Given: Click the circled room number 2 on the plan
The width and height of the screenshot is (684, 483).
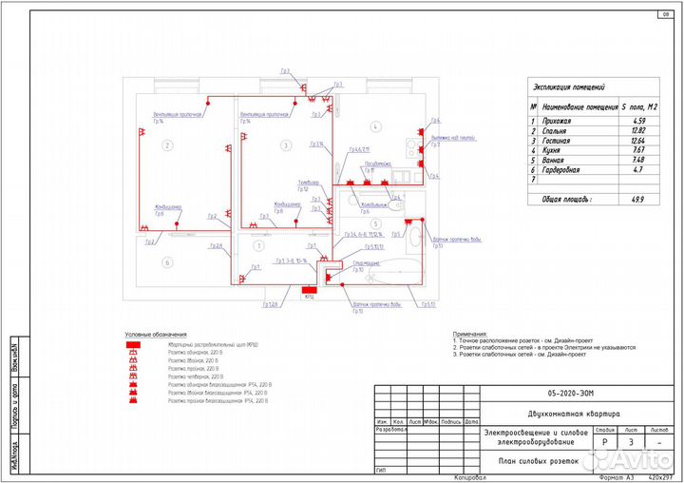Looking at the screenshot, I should [x=166, y=145].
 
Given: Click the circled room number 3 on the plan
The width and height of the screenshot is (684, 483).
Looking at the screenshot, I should [x=285, y=145].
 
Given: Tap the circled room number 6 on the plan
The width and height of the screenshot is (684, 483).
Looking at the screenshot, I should [x=166, y=262].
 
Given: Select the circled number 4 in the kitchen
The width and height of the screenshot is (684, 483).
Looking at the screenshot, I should [x=376, y=126].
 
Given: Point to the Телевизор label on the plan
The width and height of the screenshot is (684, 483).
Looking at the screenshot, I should [x=309, y=181].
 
